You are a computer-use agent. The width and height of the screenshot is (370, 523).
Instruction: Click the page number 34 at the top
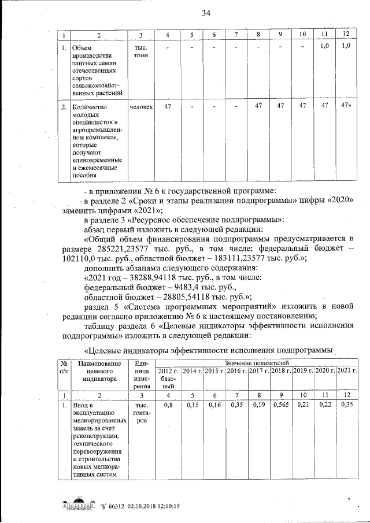tap(206, 13)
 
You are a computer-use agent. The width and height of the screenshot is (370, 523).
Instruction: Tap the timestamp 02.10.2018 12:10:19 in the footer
tap(149, 506)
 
